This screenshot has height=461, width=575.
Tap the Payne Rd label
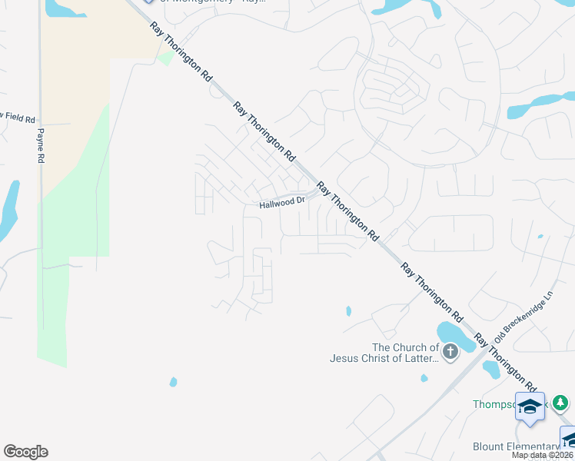39,144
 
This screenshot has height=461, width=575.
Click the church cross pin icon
450,352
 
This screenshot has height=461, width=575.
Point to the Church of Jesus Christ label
384,353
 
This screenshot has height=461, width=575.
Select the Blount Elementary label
515,447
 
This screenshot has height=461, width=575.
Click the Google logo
25,452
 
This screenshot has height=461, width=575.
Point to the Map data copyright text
543,455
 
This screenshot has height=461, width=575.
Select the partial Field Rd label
18,118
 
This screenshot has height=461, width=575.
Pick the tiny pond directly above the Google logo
174,381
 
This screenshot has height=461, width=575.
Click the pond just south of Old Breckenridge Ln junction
492,370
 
